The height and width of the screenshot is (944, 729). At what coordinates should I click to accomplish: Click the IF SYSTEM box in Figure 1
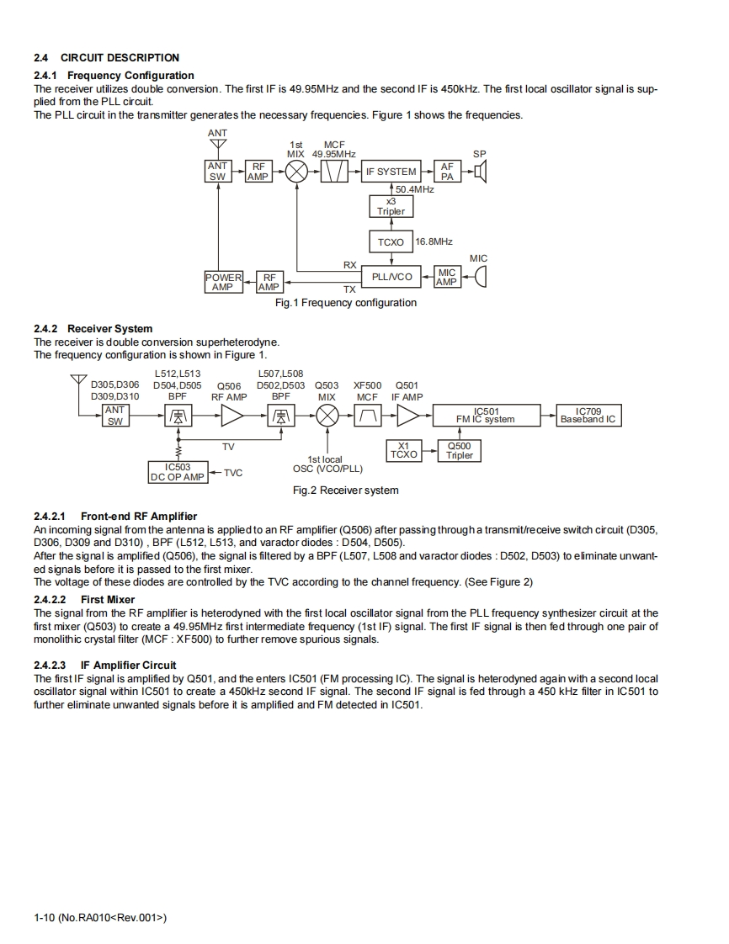tap(390, 172)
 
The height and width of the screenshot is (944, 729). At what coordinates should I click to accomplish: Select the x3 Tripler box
tap(390, 206)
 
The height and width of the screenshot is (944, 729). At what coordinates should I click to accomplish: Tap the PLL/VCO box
tap(391, 276)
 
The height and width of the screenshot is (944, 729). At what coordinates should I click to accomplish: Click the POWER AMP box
tap(223, 282)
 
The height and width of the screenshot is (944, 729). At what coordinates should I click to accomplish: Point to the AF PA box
tap(446, 172)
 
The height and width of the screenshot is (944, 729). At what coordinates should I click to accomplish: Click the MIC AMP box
tap(446, 277)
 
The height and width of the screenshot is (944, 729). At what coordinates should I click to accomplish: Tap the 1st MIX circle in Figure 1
tap(295, 172)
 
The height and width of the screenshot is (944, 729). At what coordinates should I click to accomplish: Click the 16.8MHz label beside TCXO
tap(434, 241)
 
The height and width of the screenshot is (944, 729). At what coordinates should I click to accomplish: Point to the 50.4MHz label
tap(414, 190)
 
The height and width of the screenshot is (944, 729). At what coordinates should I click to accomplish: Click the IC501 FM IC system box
tap(486, 415)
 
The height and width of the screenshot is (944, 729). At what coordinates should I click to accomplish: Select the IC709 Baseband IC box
tap(588, 415)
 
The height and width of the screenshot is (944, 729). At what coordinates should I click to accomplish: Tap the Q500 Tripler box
tap(460, 451)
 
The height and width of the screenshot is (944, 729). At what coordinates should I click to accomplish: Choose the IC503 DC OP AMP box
tap(177, 472)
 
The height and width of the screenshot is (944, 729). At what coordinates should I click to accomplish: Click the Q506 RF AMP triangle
tap(231, 415)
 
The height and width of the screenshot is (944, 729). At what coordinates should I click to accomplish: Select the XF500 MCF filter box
tap(367, 415)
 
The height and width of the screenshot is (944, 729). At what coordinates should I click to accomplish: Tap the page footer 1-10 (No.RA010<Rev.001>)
tap(100, 917)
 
